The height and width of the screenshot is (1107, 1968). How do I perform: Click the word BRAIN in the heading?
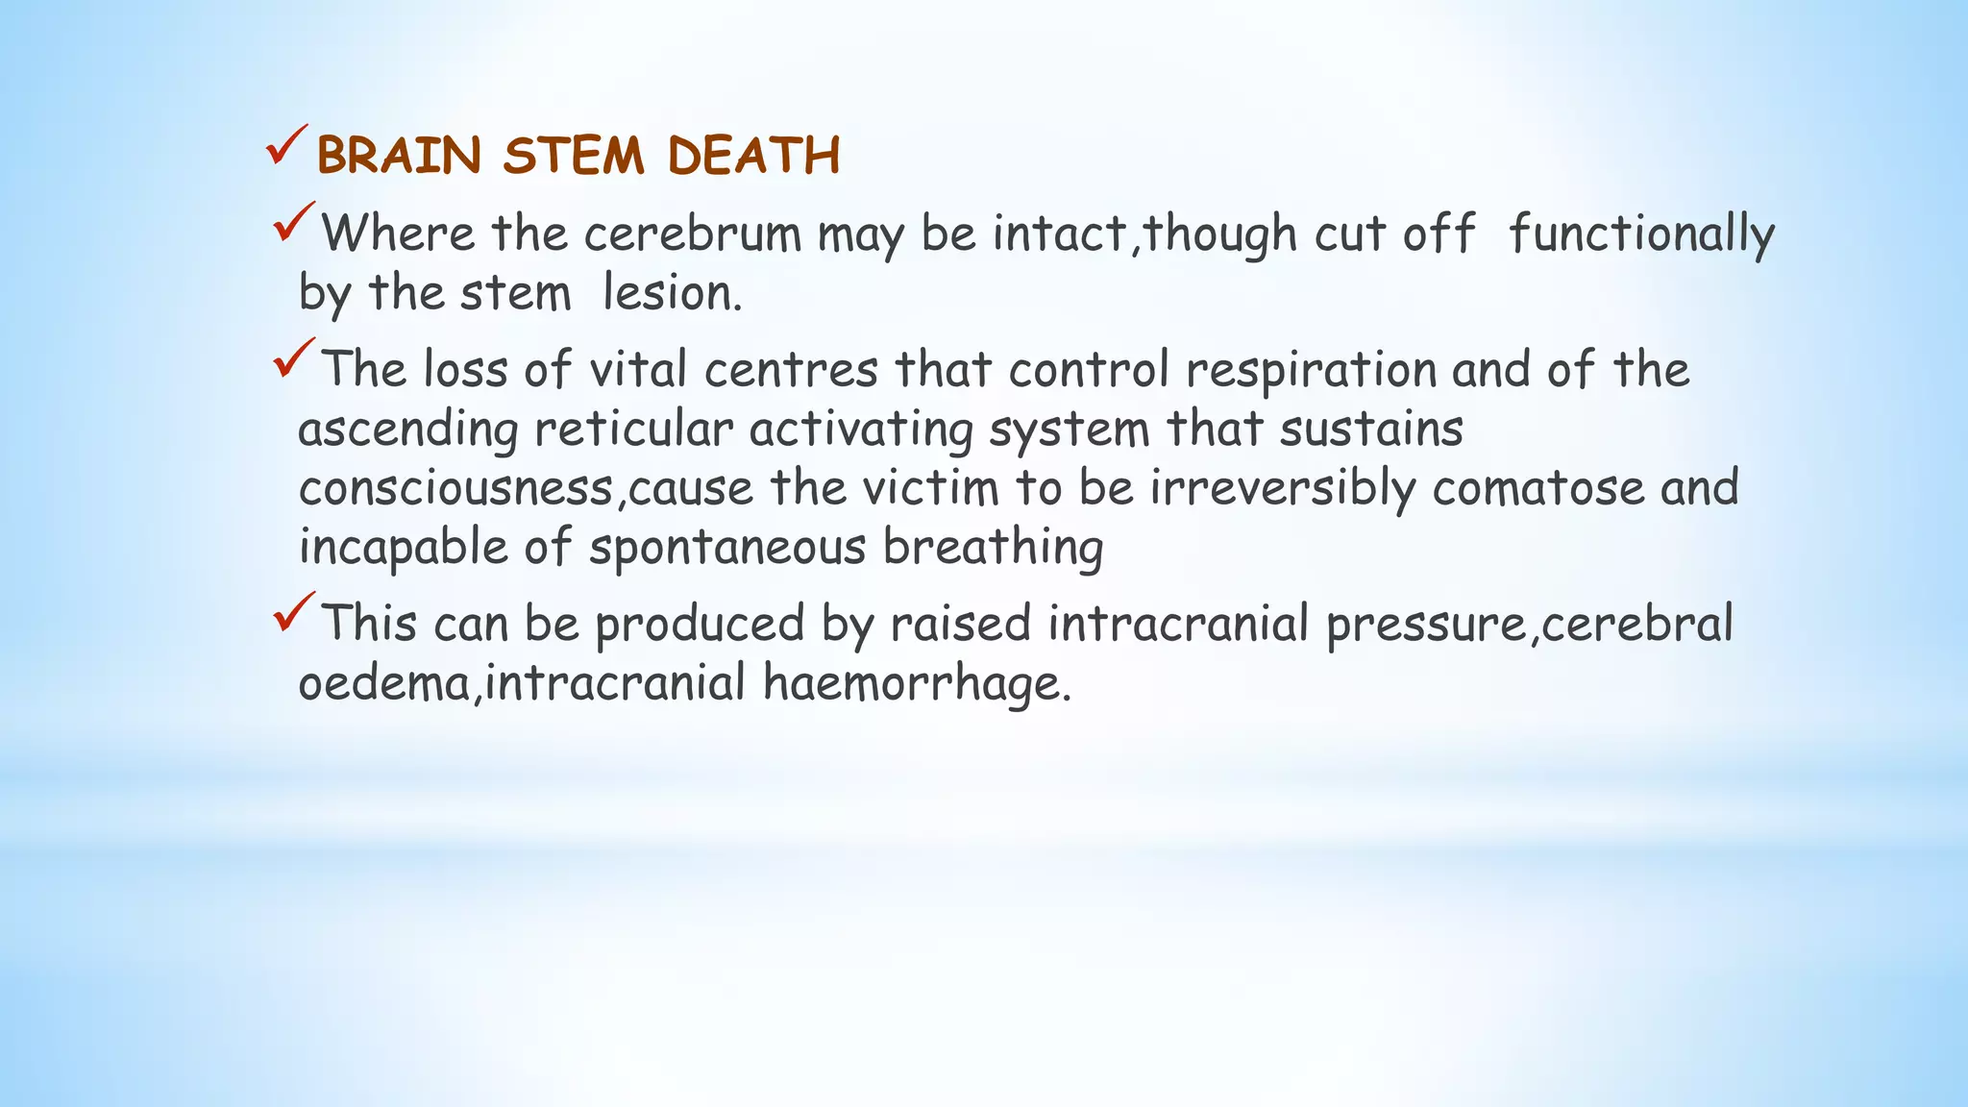pyautogui.click(x=399, y=156)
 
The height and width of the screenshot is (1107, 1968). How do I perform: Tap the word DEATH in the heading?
pyautogui.click(x=753, y=156)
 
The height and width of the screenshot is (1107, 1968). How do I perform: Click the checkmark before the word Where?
pyautogui.click(x=293, y=222)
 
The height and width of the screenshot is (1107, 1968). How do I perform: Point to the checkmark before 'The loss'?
pyautogui.click(x=293, y=358)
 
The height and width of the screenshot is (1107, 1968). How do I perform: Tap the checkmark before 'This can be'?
pyautogui.click(x=293, y=612)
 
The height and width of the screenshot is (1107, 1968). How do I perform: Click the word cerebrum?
pyautogui.click(x=692, y=234)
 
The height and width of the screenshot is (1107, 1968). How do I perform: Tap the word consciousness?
pyautogui.click(x=455, y=488)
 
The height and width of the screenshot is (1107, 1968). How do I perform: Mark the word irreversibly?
pyautogui.click(x=1283, y=488)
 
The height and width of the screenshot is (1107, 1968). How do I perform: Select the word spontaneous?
pyautogui.click(x=727, y=548)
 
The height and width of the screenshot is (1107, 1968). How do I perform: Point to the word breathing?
pyautogui.click(x=993, y=548)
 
